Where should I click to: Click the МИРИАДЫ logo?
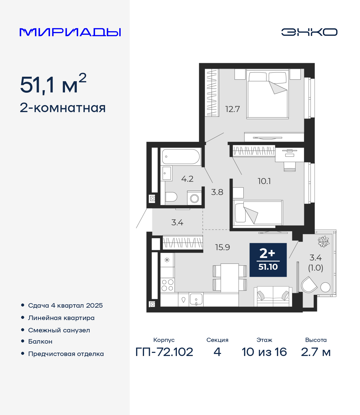coord(70,32)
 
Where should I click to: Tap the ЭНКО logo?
coord(309,32)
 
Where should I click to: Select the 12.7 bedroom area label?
coord(233,109)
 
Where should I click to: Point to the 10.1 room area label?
coord(264,181)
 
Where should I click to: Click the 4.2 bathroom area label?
coord(187,179)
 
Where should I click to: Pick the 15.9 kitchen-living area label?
coord(222,247)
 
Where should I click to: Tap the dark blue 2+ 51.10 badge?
coord(268,260)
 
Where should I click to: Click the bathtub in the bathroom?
coord(181,157)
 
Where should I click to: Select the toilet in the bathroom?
coord(171,197)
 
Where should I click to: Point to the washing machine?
coord(194,198)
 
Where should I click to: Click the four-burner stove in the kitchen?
coord(167,285)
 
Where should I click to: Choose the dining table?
coord(230,278)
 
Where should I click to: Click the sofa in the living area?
coord(273,296)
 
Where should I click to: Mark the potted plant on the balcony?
coord(323,242)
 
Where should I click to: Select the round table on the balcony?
coord(325,287)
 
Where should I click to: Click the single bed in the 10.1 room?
coord(258,213)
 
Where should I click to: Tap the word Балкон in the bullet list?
coord(40,341)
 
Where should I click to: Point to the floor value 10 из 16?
coord(264,352)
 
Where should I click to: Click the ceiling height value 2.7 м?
coord(316,352)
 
